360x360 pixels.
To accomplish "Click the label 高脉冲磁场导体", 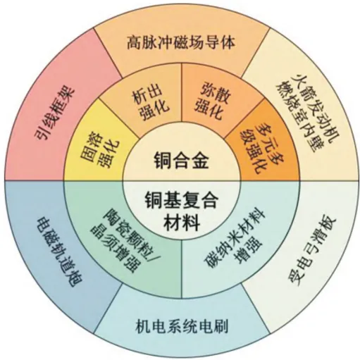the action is pyautogui.click(x=181, y=43).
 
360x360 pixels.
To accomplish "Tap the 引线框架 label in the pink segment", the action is pyautogui.click(x=54, y=113).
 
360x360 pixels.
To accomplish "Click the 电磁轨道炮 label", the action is pyautogui.click(x=59, y=249).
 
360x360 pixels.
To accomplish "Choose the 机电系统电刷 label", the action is pyautogui.click(x=182, y=325).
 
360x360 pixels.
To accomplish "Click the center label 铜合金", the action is pyautogui.click(x=181, y=161).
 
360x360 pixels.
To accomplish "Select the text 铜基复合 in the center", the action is pyautogui.click(x=181, y=200).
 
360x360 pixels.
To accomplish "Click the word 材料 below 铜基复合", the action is pyautogui.click(x=181, y=223).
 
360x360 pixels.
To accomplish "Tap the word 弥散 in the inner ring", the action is pyautogui.click(x=214, y=93).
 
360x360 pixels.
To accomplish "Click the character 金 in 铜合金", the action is pyautogui.click(x=200, y=161).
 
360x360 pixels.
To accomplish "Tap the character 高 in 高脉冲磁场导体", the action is pyautogui.click(x=134, y=43).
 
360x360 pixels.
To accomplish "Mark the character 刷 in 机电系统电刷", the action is pyautogui.click(x=221, y=325).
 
